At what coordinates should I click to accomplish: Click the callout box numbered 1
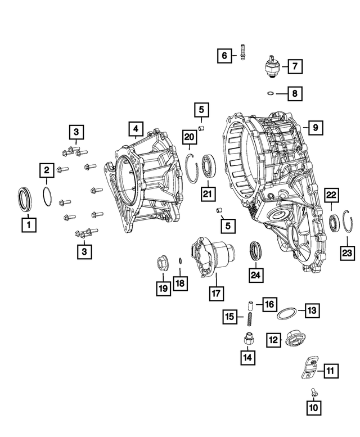29,224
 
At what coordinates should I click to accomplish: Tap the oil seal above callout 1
25,199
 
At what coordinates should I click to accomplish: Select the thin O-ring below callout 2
47,196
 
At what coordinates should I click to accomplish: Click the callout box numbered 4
136,129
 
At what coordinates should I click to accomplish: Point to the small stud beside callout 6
242,52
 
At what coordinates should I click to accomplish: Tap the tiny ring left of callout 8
270,93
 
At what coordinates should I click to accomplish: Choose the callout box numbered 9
316,128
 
